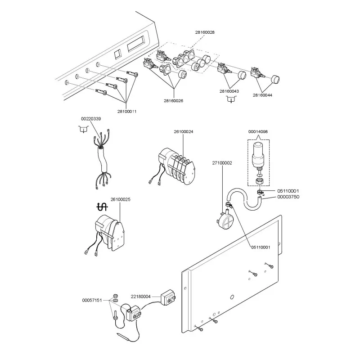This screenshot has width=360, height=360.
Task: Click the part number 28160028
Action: coord(205,32)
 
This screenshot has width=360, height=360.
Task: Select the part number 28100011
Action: coord(127,111)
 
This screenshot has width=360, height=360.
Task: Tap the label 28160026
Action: coord(174,101)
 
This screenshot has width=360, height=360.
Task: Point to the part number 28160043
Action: coord(229,91)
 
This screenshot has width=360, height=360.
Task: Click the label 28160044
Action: coord(262,95)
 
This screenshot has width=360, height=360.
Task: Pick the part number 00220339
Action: coord(91,118)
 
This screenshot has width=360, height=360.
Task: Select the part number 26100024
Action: coord(184,132)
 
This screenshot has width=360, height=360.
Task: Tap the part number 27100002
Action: coord(222,163)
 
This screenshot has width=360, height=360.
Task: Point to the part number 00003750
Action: coord(288,197)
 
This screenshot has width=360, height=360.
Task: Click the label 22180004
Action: coord(141,297)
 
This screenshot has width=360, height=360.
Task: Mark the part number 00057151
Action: coord(92,300)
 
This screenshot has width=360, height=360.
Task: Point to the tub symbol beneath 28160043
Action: coord(231,100)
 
